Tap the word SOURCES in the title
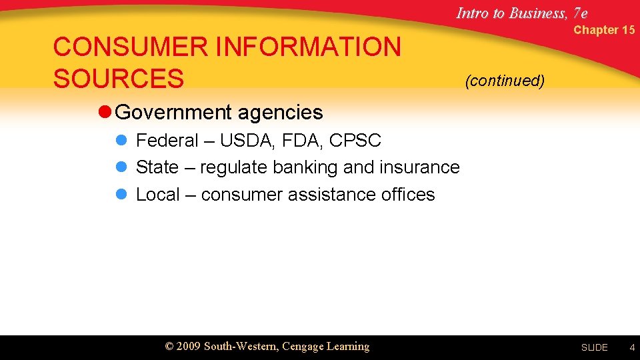[118, 79]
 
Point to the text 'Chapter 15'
[604, 30]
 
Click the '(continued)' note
[505, 81]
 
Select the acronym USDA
[246, 141]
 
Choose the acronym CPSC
[355, 141]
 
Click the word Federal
[167, 141]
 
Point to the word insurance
[419, 167]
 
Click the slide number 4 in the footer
[633, 347]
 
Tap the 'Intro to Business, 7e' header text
[522, 13]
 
